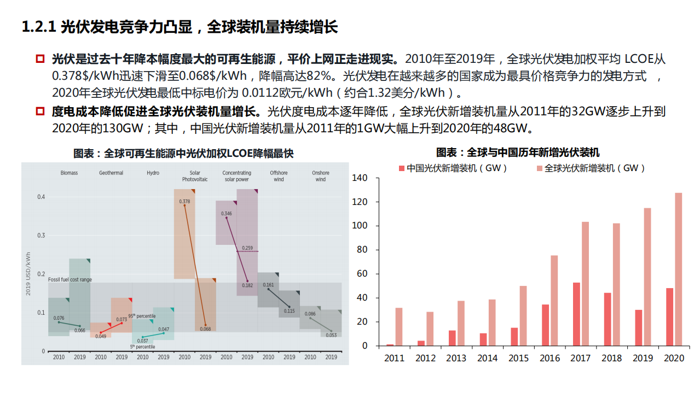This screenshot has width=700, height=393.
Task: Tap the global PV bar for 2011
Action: click(399, 326)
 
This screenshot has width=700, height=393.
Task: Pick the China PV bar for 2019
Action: click(639, 327)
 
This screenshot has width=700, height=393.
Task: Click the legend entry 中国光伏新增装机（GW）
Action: click(453, 168)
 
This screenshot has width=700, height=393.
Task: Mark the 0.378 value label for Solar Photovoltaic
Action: click(184, 202)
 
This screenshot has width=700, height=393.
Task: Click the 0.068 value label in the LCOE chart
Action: click(205, 329)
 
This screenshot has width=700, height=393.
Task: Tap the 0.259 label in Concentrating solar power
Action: click(247, 248)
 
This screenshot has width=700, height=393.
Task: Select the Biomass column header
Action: click(69, 173)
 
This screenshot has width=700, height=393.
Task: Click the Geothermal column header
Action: click(111, 173)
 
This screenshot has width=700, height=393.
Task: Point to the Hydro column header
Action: click(153, 173)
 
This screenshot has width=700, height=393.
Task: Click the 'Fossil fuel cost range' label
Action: click(70, 280)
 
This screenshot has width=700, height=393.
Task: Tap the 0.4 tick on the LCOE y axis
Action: click(41, 197)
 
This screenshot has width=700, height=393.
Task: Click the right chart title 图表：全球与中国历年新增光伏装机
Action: click(518, 152)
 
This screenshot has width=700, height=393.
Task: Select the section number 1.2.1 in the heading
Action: click(39, 27)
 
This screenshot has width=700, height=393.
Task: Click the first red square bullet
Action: click(40, 59)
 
